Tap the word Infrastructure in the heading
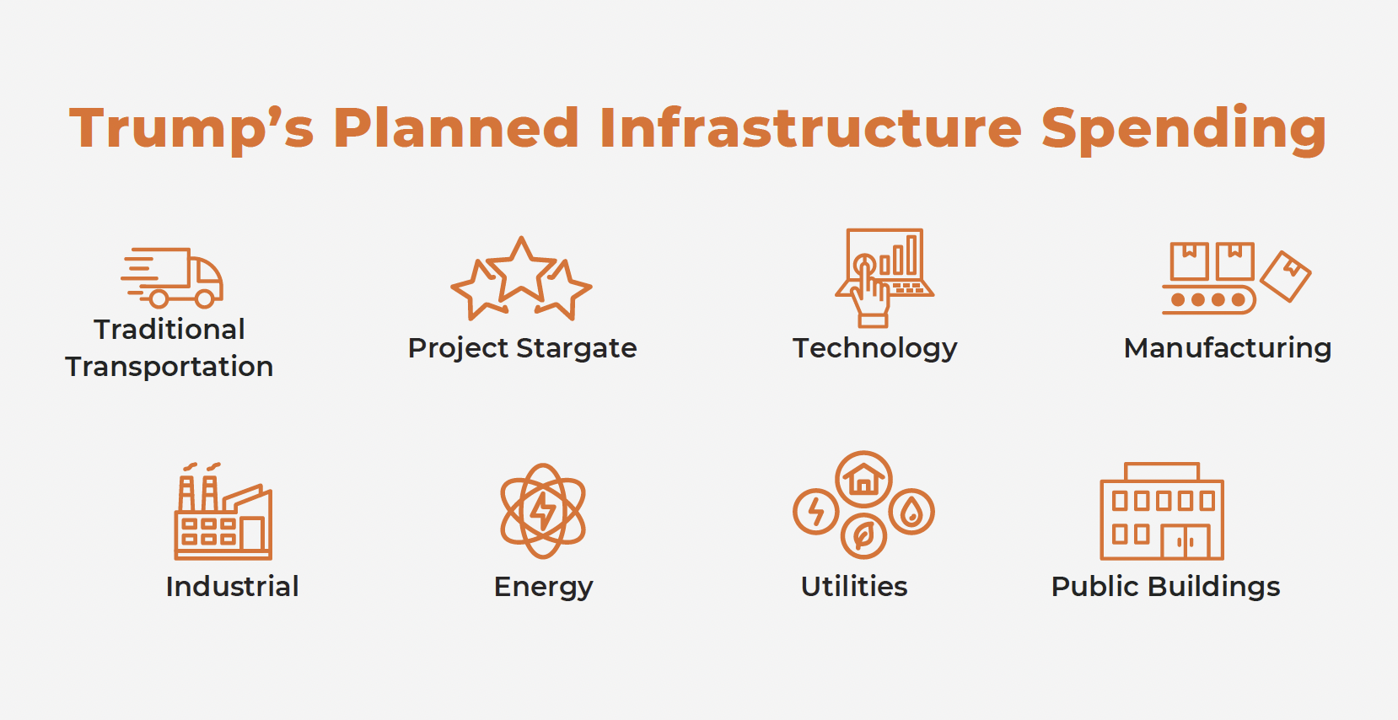(x=810, y=127)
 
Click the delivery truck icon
(x=172, y=277)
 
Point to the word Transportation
(x=169, y=367)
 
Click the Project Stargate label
(x=523, y=348)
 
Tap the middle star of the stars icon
(x=521, y=269)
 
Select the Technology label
(x=875, y=348)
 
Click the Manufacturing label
(x=1228, y=348)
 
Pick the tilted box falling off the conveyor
(x=1286, y=277)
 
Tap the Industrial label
(x=232, y=587)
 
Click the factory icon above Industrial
(x=223, y=511)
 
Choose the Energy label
(x=543, y=588)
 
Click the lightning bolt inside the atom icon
(x=542, y=511)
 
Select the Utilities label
(x=854, y=587)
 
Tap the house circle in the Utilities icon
(x=863, y=479)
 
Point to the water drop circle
(x=911, y=512)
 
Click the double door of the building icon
(x=1186, y=541)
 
